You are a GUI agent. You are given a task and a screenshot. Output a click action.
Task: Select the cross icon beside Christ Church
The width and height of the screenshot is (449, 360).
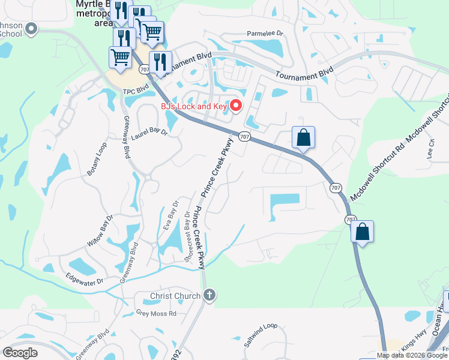[209, 295]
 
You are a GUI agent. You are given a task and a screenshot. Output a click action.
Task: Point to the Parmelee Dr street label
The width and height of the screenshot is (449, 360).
[264, 35]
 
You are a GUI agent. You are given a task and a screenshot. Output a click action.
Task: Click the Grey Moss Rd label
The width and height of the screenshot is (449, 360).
[155, 313]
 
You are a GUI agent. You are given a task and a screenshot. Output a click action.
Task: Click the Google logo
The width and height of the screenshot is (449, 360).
[20, 353]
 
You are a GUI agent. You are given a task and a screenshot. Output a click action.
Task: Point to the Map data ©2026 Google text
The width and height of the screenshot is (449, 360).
[412, 355]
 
